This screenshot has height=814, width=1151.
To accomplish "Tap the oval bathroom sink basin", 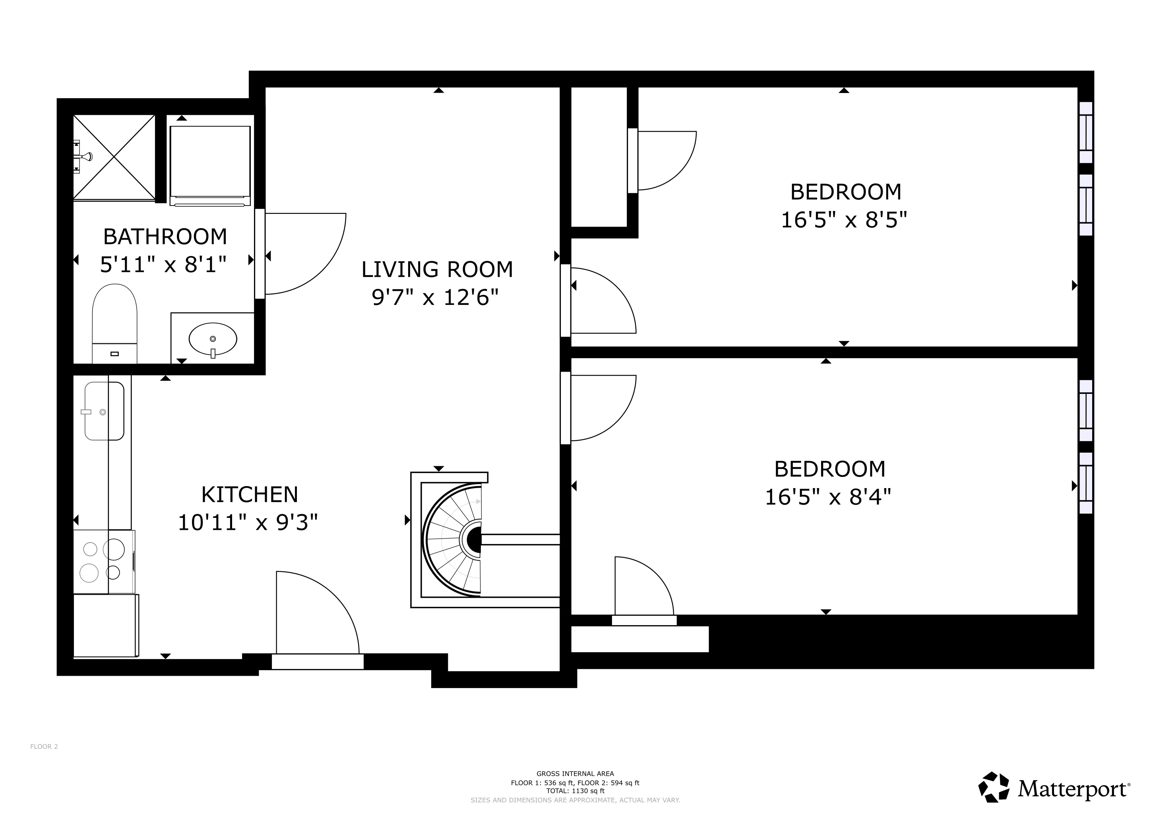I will click(213, 339).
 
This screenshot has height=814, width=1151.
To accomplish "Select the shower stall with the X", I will click(114, 157).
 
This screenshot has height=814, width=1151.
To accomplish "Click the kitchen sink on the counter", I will click(104, 411).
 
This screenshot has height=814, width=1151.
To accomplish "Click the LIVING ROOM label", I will click(437, 269).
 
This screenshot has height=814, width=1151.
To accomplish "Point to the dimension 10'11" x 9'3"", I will click(248, 523).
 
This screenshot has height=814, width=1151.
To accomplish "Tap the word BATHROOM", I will click(165, 236).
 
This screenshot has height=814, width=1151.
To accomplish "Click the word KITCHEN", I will click(250, 495).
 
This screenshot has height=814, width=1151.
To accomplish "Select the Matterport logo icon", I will click(994, 787).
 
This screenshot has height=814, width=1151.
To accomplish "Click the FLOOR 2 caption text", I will click(44, 746).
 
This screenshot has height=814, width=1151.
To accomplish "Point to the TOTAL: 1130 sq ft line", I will click(575, 791).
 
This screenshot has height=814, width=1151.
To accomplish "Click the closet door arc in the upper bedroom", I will click(667, 161).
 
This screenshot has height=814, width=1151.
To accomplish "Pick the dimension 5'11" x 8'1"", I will click(163, 264).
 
